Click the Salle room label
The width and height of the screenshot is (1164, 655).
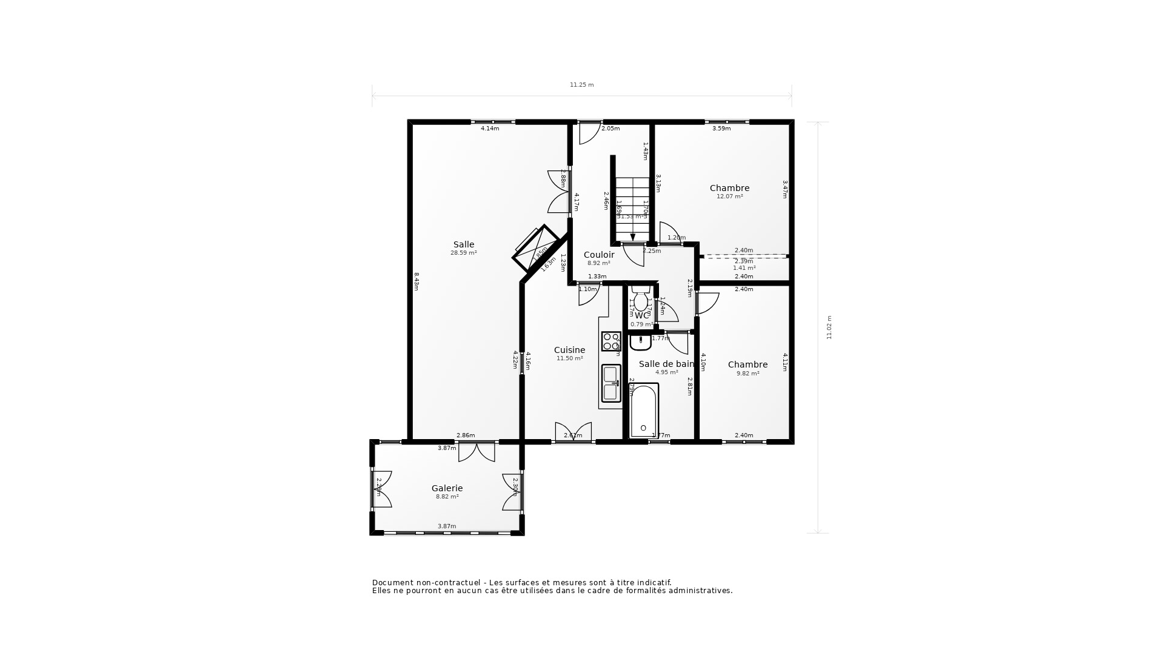coord(464,245)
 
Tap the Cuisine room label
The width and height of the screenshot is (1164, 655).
coord(569,351)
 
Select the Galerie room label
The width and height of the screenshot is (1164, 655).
coord(447,488)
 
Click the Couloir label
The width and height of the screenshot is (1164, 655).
coord(599,255)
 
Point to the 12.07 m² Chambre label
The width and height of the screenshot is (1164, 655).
coord(729,189)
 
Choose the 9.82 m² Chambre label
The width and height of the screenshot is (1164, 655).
coord(748,365)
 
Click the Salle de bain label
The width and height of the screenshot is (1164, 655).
coord(666,364)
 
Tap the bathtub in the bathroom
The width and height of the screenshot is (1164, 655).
coord(643,411)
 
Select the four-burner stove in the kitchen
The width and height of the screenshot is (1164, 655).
coord(610,341)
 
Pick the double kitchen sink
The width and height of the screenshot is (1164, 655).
coord(610,383)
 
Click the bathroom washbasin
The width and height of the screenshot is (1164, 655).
coord(640,343)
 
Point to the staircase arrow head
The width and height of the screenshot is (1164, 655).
coord(633,237)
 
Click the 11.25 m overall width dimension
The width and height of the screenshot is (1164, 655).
coord(581,85)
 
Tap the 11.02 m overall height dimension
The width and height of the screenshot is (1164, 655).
coord(829,327)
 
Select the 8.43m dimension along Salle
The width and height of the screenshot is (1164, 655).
coord(416,281)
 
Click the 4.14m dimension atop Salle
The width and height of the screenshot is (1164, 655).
coord(490,129)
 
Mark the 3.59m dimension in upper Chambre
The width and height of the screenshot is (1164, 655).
coord(721,129)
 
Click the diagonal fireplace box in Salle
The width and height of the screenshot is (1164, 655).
coord(536,248)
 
